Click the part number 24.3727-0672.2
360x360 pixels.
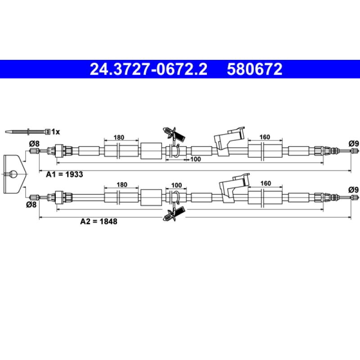[x=148, y=69]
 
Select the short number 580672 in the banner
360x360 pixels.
[x=255, y=69]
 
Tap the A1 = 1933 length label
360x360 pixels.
[x=64, y=175]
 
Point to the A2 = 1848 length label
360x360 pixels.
[x=99, y=221]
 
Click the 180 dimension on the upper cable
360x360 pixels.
[x=119, y=138]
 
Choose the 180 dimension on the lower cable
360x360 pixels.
[x=122, y=184]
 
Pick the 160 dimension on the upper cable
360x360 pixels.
[x=265, y=137]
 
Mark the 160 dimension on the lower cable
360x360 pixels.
[x=265, y=184]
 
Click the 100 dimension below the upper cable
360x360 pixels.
[x=196, y=159]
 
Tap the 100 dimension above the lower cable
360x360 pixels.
[x=176, y=185]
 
